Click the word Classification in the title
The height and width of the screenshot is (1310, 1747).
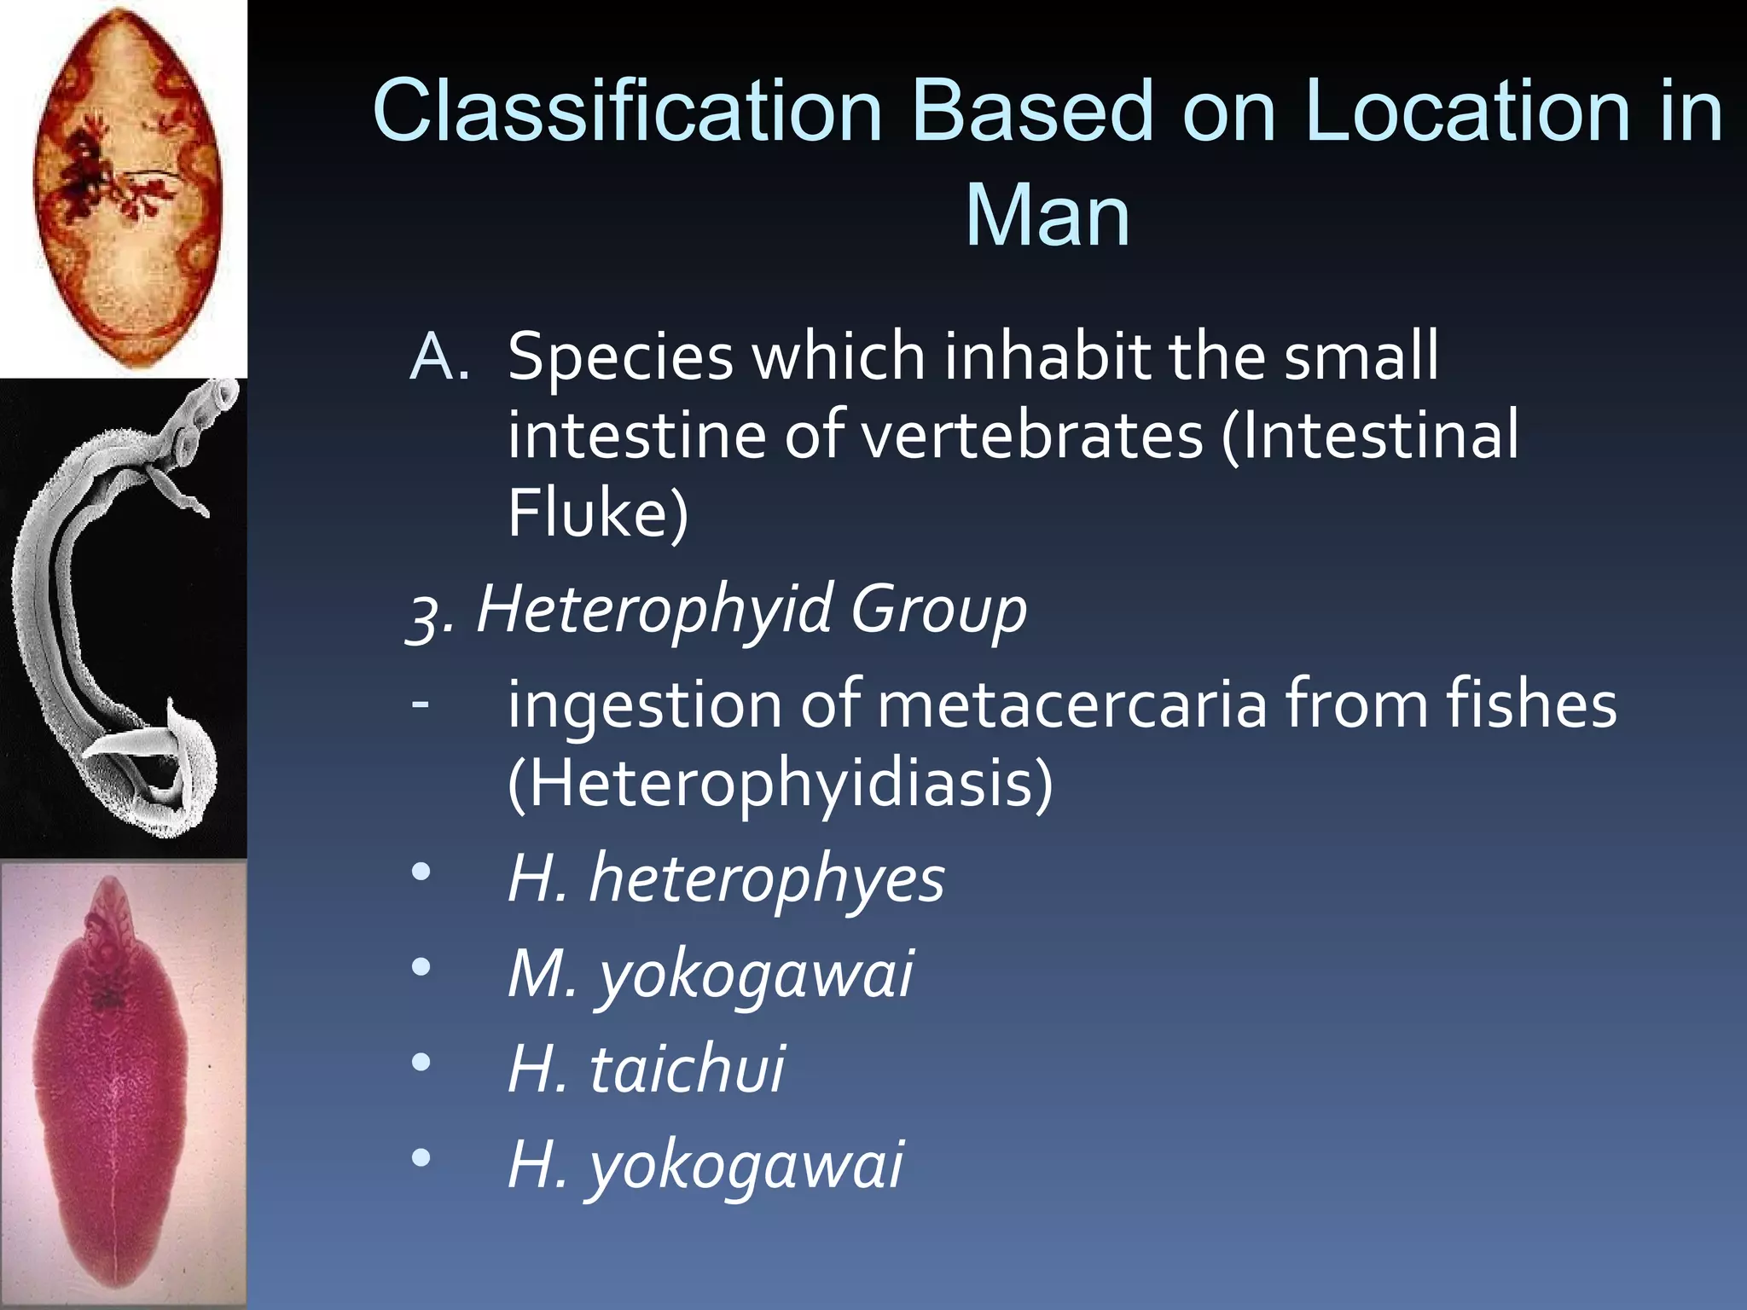[627, 112]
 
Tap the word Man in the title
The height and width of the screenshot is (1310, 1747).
[1047, 217]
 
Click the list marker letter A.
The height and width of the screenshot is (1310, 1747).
[438, 356]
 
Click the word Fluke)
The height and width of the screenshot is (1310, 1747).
[597, 513]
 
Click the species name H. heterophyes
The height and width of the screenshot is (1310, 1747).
[725, 878]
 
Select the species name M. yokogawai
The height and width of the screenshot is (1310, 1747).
[710, 974]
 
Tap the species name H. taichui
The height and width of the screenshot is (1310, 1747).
[646, 1069]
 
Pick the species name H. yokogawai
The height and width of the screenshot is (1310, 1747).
[705, 1165]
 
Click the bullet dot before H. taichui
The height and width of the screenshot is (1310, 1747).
[421, 1063]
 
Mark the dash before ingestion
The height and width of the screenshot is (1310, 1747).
[420, 704]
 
